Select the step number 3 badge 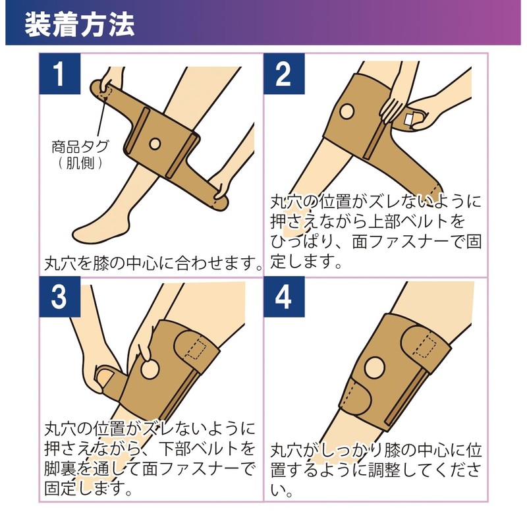point(59,298)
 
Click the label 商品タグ point(78,146)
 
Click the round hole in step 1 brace point(155,142)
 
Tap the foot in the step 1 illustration point(99,231)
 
